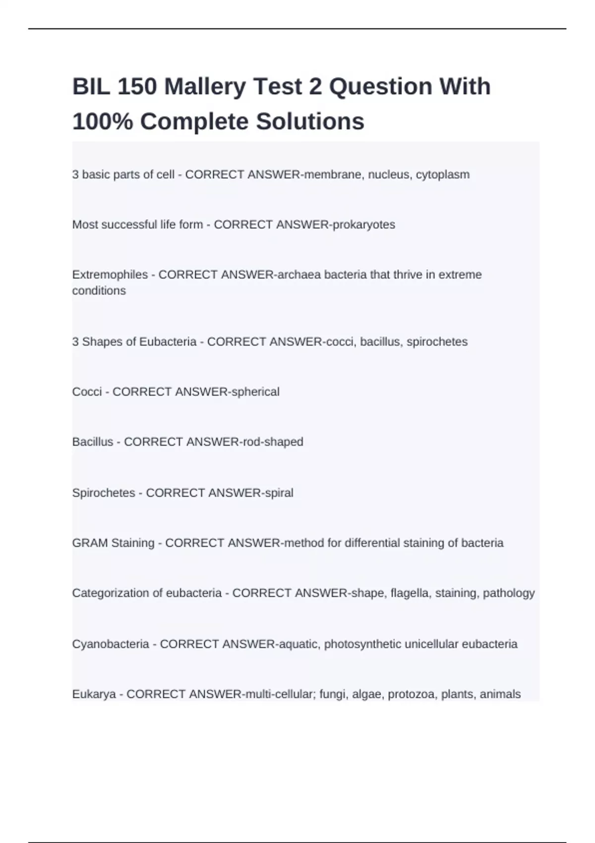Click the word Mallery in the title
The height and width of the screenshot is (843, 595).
point(205,87)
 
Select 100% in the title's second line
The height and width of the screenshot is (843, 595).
point(103,121)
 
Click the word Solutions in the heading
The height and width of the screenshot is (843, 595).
point(310,121)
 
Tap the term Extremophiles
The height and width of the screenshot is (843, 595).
point(110,275)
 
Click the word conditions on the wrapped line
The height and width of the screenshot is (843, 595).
point(99,291)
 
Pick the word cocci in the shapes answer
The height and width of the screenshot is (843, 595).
point(339,342)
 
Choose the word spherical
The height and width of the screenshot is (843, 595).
point(255,392)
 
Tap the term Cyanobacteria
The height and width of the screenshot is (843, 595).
point(111,644)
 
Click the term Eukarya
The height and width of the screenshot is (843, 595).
point(94,694)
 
